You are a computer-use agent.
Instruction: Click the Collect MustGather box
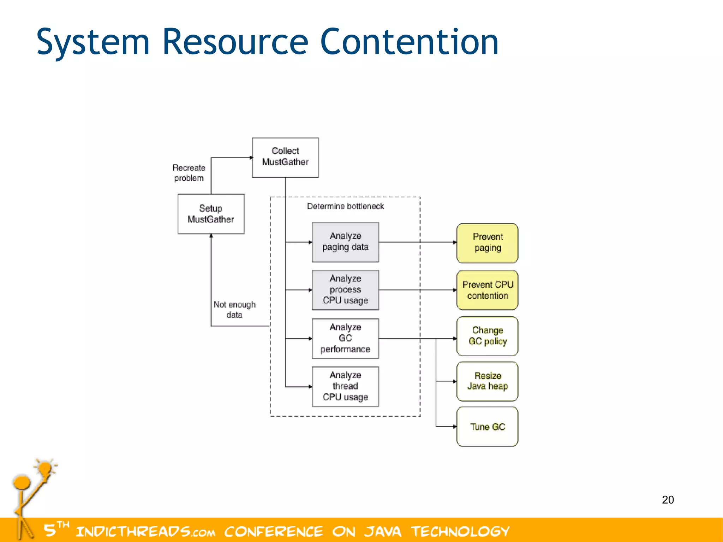click(x=285, y=157)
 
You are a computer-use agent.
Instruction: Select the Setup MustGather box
click(x=211, y=214)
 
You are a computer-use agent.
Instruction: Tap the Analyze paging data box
click(x=345, y=242)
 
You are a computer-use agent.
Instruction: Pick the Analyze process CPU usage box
click(x=345, y=290)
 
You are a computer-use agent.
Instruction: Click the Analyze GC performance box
click(x=345, y=338)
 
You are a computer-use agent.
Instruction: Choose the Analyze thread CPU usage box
click(x=345, y=386)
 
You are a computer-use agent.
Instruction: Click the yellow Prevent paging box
click(x=487, y=243)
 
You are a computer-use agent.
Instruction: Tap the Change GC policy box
click(x=487, y=336)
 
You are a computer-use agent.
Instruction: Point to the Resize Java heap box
click(x=487, y=381)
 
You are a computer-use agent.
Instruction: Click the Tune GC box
click(x=487, y=427)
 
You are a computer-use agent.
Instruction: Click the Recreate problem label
click(x=189, y=173)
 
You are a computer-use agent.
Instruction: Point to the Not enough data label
click(x=234, y=309)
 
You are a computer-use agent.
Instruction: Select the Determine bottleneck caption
click(x=345, y=206)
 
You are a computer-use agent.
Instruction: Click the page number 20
click(x=668, y=500)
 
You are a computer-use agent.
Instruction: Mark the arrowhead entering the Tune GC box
click(x=455, y=427)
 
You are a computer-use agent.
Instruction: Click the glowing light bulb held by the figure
click(x=45, y=469)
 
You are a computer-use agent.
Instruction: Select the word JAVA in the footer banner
click(x=383, y=531)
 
